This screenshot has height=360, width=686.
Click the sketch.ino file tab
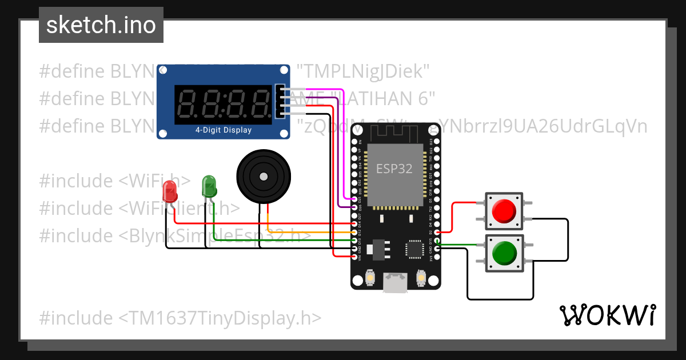tap(101, 25)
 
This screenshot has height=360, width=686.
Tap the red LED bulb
tap(170, 191)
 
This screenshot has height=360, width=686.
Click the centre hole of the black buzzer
tap(264, 176)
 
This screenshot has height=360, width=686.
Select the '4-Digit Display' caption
tap(223, 130)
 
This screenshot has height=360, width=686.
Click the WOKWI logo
tap(607, 315)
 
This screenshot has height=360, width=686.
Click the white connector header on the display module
tap(280, 102)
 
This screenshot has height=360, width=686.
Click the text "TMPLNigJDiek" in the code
tap(363, 71)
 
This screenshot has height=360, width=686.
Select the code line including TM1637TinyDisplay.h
tap(180, 318)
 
